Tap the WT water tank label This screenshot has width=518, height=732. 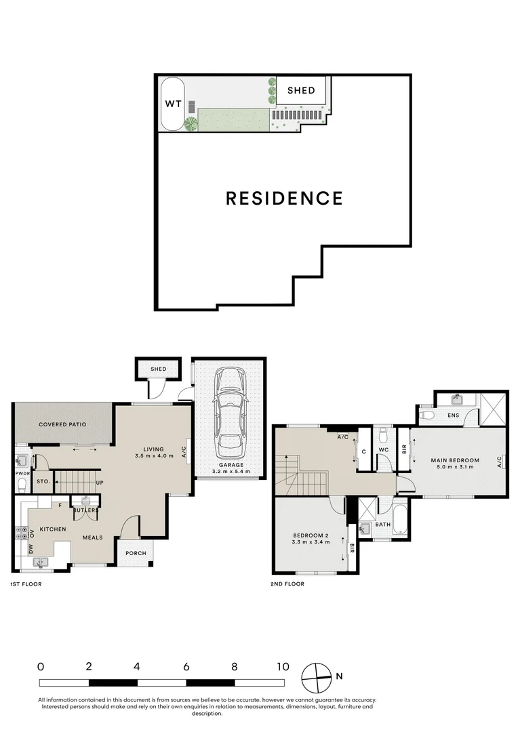tap(173, 104)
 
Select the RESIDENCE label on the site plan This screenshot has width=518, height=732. tap(284, 198)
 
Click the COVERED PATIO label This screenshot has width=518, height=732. tap(62, 424)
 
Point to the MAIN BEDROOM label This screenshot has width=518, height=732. tap(455, 460)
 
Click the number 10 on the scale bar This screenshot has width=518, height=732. tap(283, 667)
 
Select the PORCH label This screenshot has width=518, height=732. tap(136, 553)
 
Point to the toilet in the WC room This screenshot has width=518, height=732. tap(384, 436)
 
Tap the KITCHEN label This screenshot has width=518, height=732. tap(53, 529)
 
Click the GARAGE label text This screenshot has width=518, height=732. tap(231, 465)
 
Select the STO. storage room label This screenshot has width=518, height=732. tap(43, 481)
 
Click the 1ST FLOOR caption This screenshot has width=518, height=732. tap(26, 584)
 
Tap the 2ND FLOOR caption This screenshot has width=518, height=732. tap(287, 584)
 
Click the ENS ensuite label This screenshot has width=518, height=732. tap(453, 415)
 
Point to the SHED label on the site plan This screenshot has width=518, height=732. tap(301, 91)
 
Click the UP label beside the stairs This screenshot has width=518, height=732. tap(100, 483)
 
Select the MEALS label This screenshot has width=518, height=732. tap(92, 537)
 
